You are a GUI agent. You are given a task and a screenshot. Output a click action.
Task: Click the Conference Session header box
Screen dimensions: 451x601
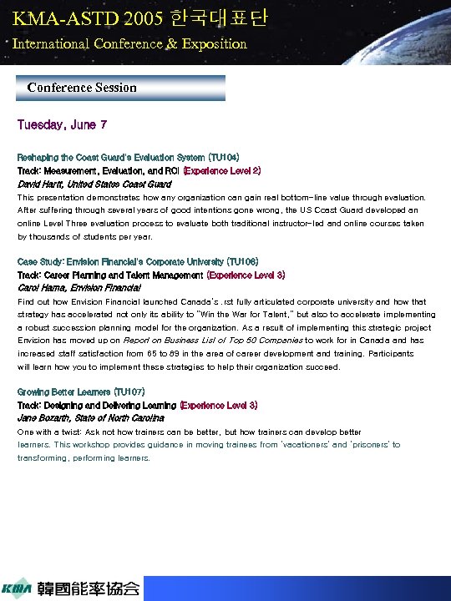click(120, 88)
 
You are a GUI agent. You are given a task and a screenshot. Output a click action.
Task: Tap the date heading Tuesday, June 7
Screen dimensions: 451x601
click(62, 125)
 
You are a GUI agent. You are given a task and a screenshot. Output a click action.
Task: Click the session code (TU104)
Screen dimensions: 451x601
click(222, 157)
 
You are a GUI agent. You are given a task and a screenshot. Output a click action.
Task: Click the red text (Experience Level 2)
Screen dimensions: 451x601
click(222, 170)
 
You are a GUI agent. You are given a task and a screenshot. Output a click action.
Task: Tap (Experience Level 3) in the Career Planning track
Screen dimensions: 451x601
click(246, 275)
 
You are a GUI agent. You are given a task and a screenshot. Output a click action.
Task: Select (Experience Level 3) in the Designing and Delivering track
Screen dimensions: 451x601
click(219, 405)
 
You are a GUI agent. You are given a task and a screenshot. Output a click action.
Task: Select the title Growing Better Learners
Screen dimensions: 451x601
click(62, 391)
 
